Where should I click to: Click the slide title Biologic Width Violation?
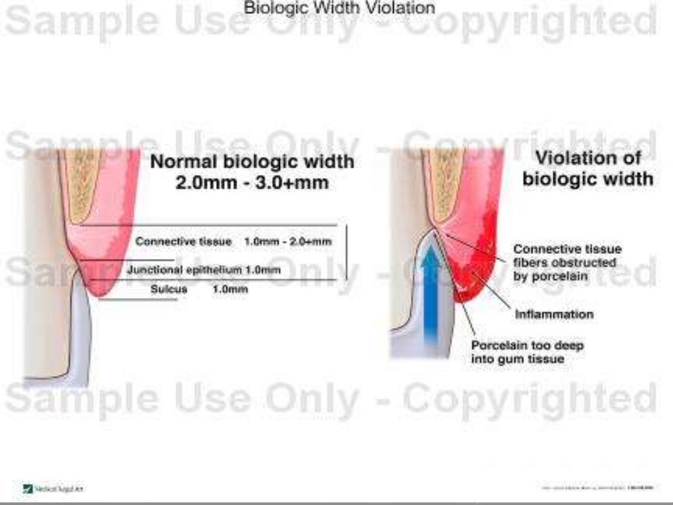click(339, 8)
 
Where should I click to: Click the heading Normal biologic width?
click(252, 161)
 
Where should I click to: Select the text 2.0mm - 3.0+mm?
click(252, 182)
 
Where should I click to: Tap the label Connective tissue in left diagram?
click(183, 242)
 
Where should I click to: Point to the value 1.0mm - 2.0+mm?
click(288, 242)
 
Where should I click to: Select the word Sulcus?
click(169, 289)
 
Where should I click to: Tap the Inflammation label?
click(553, 314)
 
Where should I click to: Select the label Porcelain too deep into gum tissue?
click(527, 352)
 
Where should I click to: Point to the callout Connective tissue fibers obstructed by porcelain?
click(567, 263)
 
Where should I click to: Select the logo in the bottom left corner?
click(28, 488)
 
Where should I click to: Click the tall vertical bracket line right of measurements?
click(346, 253)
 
